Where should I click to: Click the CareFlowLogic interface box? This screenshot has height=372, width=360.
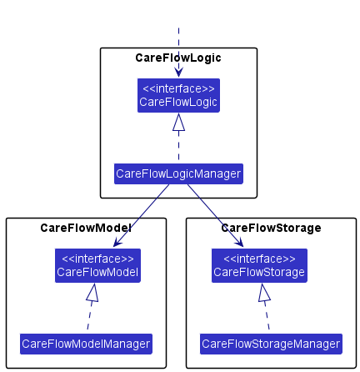coord(178,95)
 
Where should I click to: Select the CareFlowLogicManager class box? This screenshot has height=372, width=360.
coord(178,173)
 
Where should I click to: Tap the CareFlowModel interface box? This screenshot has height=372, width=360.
coord(97,265)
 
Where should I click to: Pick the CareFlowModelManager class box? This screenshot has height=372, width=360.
coord(86,344)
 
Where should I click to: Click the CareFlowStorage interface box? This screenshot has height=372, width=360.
coord(259,265)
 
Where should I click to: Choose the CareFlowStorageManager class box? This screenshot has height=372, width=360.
coord(271,344)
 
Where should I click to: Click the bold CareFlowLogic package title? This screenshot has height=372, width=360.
coord(178,58)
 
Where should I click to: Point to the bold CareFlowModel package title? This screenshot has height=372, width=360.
coord(86,228)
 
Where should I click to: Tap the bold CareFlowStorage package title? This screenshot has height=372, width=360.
coord(271,228)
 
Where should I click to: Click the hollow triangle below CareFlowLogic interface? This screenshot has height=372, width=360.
coord(178,122)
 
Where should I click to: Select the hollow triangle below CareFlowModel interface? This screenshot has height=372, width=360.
coord(92,293)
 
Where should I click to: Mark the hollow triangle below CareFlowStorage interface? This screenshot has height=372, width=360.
coord(264,293)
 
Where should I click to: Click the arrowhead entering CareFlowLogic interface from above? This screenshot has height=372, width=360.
coord(178,73)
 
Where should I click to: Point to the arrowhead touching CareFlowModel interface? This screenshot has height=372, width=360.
coord(117,242)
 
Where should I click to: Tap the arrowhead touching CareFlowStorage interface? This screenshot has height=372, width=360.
coord(239,242)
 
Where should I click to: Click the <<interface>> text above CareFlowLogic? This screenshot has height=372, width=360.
coord(178,89)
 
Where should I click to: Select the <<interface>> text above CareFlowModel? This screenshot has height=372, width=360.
coord(97,259)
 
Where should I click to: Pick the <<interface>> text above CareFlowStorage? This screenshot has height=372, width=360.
coord(259,259)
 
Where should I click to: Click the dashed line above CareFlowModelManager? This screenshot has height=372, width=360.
coord(90,315)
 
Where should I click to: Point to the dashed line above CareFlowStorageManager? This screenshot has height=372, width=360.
coord(267,315)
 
